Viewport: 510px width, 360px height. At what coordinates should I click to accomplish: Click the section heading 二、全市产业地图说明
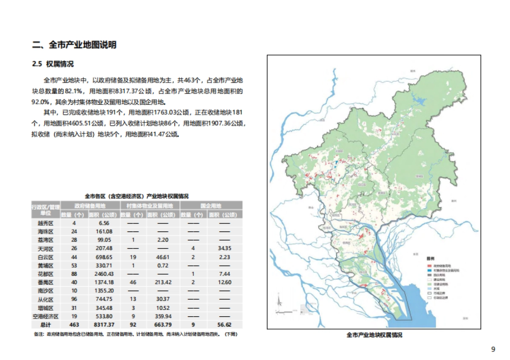pos(74,45)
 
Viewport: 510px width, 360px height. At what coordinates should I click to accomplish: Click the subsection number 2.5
pos(37,64)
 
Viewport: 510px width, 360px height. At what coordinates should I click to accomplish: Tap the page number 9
pos(493,349)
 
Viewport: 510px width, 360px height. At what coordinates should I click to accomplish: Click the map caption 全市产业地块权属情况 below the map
pos(374,335)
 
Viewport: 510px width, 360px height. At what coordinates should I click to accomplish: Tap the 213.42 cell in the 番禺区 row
pos(163,282)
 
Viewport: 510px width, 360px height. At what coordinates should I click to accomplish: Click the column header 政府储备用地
pos(90,206)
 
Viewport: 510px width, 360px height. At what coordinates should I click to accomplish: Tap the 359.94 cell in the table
pos(163,316)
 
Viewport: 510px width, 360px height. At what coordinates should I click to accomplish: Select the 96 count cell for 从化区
pos(74,299)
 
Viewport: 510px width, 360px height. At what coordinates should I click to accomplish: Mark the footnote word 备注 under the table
pos(38,334)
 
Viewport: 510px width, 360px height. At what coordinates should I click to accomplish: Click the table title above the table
pos(136,196)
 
